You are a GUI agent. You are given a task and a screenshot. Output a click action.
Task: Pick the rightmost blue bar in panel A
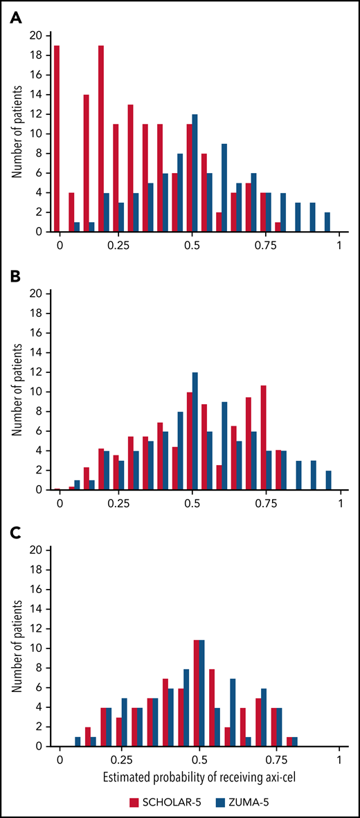(x=327, y=222)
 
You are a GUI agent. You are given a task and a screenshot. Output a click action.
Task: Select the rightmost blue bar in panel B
(x=327, y=480)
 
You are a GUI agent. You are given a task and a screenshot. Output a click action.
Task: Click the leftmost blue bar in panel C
(x=77, y=741)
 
